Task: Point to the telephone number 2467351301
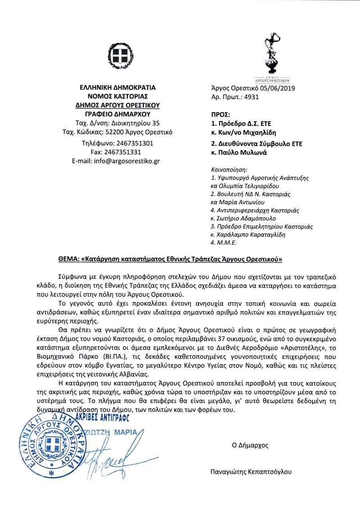(134, 143)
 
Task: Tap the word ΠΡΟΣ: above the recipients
(220, 114)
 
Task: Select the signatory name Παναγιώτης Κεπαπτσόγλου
(251, 472)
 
